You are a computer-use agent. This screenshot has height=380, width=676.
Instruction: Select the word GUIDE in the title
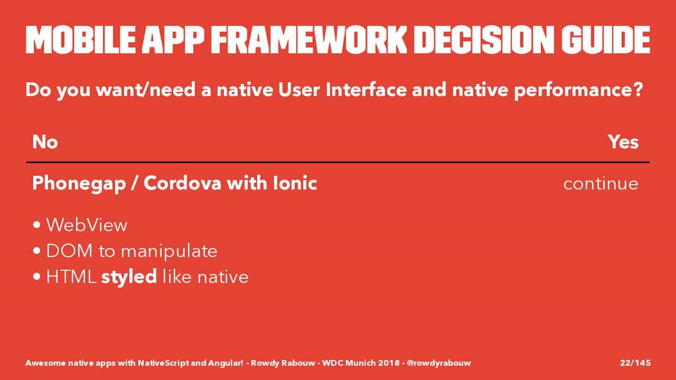[x=606, y=40]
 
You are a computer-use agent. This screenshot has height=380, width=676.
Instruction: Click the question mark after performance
[x=637, y=90]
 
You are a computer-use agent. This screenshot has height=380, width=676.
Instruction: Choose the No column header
[x=45, y=142]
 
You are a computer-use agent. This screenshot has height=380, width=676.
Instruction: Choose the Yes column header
[x=623, y=142]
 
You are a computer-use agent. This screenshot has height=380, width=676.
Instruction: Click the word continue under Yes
[x=600, y=184]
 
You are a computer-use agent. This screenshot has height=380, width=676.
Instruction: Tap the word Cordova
[x=183, y=183]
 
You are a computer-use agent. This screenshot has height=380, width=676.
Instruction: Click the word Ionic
[x=295, y=183]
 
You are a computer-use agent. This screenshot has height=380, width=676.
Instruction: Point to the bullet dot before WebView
[x=37, y=225]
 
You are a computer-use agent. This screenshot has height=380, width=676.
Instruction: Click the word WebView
[x=87, y=225]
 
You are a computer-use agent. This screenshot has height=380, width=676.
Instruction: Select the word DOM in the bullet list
[x=69, y=251]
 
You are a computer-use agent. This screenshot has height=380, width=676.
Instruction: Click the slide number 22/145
[x=635, y=363]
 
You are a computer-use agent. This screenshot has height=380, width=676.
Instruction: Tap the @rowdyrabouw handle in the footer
[x=439, y=363]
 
